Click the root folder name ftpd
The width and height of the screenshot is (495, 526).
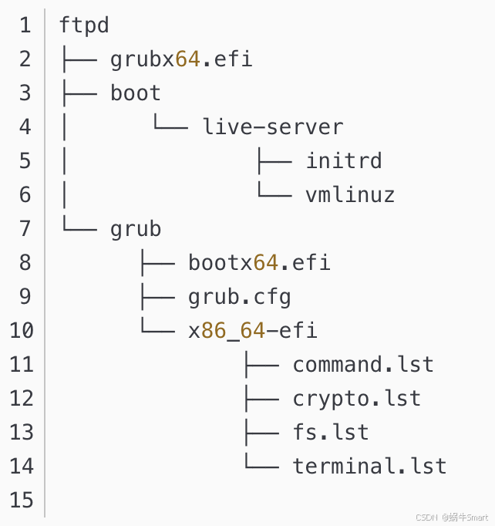pos(84,25)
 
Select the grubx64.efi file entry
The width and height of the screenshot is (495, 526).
pos(181,59)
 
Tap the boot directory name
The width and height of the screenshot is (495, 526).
pos(136,93)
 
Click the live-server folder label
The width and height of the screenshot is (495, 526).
pos(272,126)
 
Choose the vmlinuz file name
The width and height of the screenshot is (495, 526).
pos(350,194)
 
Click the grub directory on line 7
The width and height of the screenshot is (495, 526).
pos(136,229)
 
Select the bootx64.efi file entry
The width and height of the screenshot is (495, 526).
pos(259,263)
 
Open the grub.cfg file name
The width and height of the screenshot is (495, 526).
pos(239,297)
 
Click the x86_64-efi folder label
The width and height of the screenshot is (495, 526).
pos(252,331)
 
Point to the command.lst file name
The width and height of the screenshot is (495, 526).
pos(363,364)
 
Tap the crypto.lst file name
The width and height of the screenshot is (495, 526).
pos(356,398)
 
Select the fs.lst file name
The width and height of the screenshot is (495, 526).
pos(331,432)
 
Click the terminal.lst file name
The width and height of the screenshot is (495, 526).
pos(369,466)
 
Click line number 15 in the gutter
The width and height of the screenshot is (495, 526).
pos(22,500)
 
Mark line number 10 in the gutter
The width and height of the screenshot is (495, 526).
pos(22,331)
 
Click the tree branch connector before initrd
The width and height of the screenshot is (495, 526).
pos(274,160)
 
